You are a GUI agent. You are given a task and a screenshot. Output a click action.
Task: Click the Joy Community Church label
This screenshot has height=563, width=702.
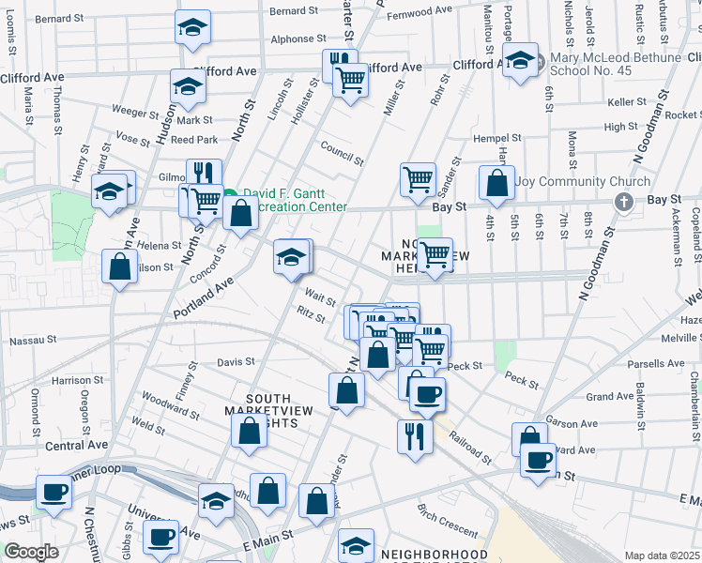tap(582, 182)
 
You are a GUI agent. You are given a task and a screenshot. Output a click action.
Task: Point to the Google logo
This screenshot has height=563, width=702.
tap(31, 552)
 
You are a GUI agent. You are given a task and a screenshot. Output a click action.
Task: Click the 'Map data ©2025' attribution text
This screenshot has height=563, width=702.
tap(661, 555)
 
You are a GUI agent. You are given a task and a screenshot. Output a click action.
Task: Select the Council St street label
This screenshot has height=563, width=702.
tap(340, 150)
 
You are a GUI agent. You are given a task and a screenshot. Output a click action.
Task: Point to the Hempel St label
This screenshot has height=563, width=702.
tap(495, 138)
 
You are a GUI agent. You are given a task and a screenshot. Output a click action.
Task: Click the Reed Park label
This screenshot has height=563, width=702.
tap(194, 140)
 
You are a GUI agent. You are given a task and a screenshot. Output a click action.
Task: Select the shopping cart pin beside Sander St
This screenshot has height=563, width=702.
tap(417, 177)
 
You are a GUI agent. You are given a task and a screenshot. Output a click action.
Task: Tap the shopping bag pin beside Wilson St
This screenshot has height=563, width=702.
tap(120, 267)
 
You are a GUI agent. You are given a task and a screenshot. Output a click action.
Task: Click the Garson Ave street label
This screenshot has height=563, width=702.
tap(574, 423)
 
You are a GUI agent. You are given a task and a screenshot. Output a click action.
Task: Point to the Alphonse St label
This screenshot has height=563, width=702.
tap(292, 38)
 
